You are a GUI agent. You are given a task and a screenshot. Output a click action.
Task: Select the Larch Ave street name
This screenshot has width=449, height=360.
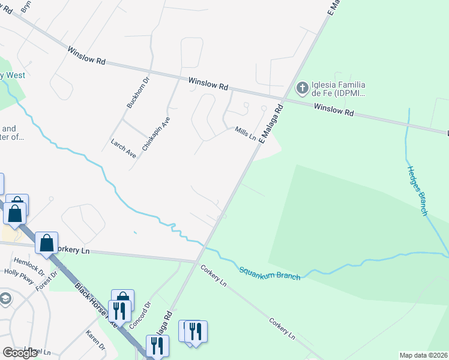(124, 148)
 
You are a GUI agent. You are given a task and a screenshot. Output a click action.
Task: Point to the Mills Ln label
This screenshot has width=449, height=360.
(245, 134)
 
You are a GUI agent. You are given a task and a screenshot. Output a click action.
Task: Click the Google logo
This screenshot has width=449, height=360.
(20, 353)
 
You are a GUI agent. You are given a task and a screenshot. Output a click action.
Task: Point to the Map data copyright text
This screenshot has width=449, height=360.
(423, 355)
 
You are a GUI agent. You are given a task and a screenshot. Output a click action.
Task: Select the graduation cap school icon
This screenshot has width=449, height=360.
(5, 299)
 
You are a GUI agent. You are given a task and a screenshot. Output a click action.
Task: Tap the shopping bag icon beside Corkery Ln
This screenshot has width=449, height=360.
(46, 243)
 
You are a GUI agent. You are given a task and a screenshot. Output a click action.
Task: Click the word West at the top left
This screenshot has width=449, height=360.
(15, 75)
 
